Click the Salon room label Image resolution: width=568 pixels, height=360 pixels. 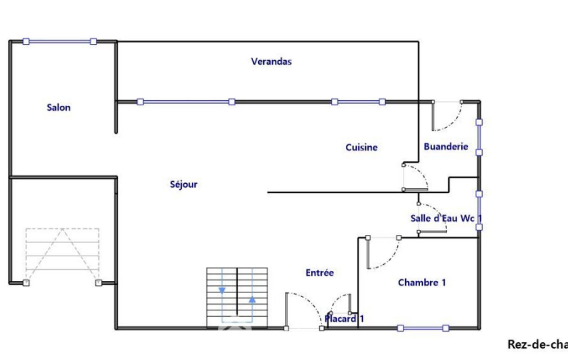pyautogui.click(x=59, y=107)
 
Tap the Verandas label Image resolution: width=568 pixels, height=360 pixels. pyautogui.click(x=271, y=61)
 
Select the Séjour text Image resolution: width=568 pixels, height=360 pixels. pyautogui.click(x=183, y=184)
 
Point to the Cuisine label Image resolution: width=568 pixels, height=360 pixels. pyautogui.click(x=361, y=147)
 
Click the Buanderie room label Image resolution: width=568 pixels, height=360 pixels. pyautogui.click(x=446, y=147)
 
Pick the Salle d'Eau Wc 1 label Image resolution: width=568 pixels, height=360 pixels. pyautogui.click(x=446, y=218)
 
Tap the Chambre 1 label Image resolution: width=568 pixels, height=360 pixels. pyautogui.click(x=422, y=283)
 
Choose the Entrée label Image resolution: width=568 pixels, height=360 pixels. pyautogui.click(x=320, y=272)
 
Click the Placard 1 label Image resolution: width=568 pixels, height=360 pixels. pyautogui.click(x=344, y=318)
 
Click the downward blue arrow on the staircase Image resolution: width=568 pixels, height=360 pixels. pyautogui.click(x=222, y=290)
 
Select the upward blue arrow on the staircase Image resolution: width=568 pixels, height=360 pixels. pyautogui.click(x=252, y=300)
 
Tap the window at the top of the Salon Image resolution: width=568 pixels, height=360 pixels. pyautogui.click(x=59, y=41)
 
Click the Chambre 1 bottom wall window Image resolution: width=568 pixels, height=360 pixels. pyautogui.click(x=423, y=328)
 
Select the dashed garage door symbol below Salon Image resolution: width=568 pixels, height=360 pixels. pyautogui.click(x=62, y=255)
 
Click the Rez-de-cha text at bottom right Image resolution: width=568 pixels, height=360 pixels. pyautogui.click(x=537, y=344)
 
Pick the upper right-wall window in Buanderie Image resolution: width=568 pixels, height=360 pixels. pyautogui.click(x=479, y=137)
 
